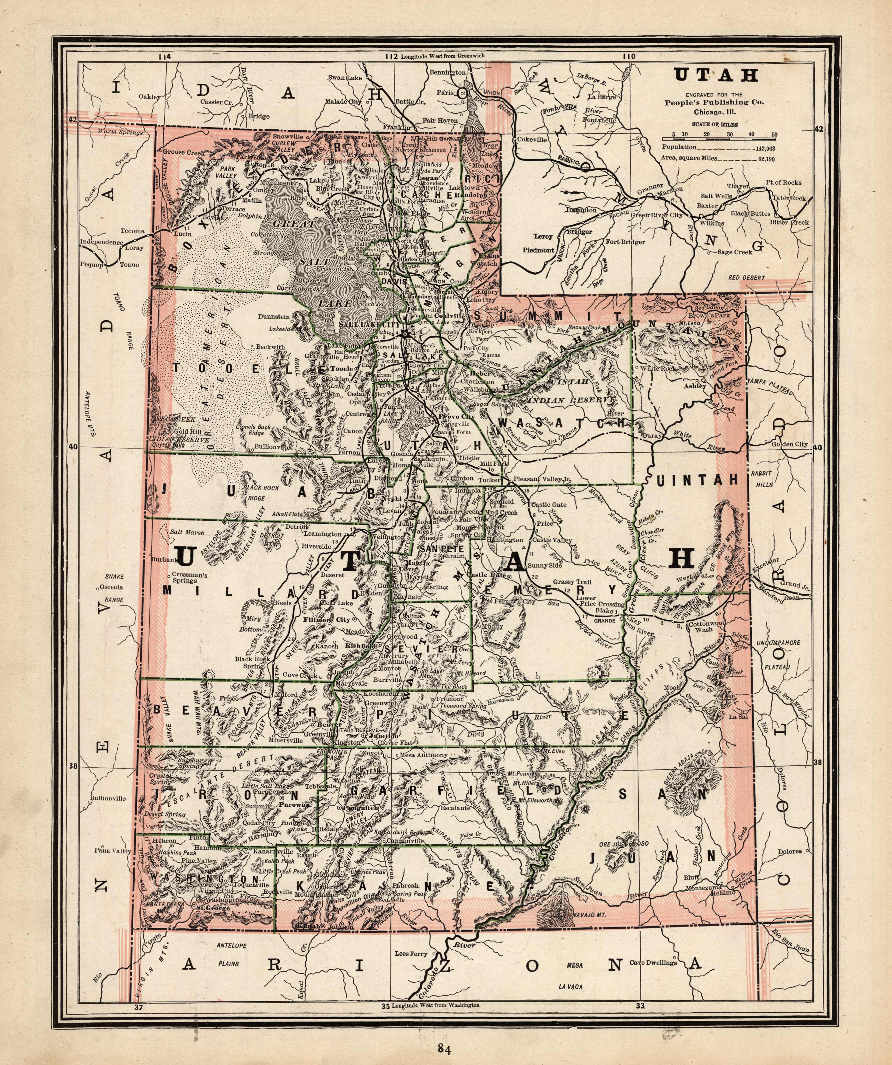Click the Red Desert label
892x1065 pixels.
click(746, 278)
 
